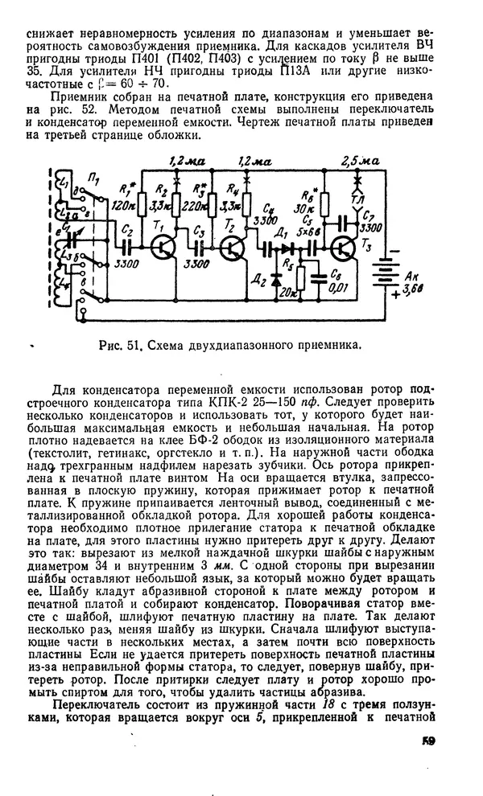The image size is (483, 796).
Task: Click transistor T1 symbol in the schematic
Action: (163, 247)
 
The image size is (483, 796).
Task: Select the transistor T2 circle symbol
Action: (233, 248)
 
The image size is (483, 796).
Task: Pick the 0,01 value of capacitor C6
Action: (341, 288)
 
